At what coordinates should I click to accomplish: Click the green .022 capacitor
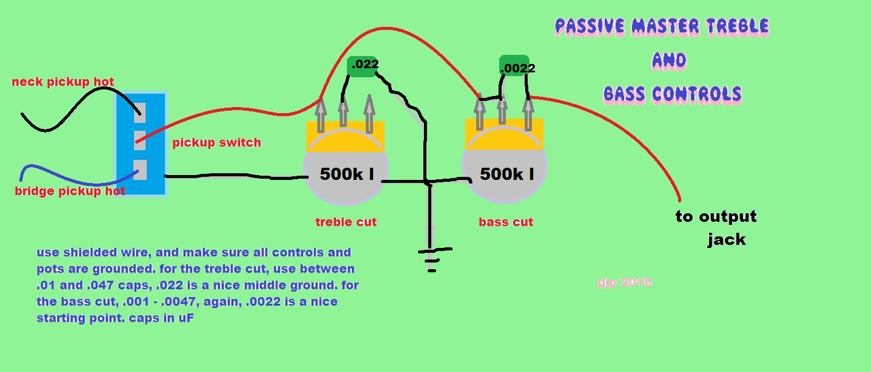click(364, 65)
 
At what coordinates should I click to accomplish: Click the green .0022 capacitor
click(517, 67)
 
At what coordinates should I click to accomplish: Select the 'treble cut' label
click(346, 222)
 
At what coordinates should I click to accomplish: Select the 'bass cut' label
click(506, 222)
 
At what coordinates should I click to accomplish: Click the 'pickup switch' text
click(216, 143)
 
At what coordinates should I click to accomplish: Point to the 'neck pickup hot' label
click(63, 82)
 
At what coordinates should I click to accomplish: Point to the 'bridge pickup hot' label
click(69, 191)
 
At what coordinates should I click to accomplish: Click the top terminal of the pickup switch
click(140, 109)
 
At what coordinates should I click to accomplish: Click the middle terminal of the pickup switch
click(139, 140)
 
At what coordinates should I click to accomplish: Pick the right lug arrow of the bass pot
click(529, 112)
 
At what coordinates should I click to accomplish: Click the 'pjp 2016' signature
click(623, 281)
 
